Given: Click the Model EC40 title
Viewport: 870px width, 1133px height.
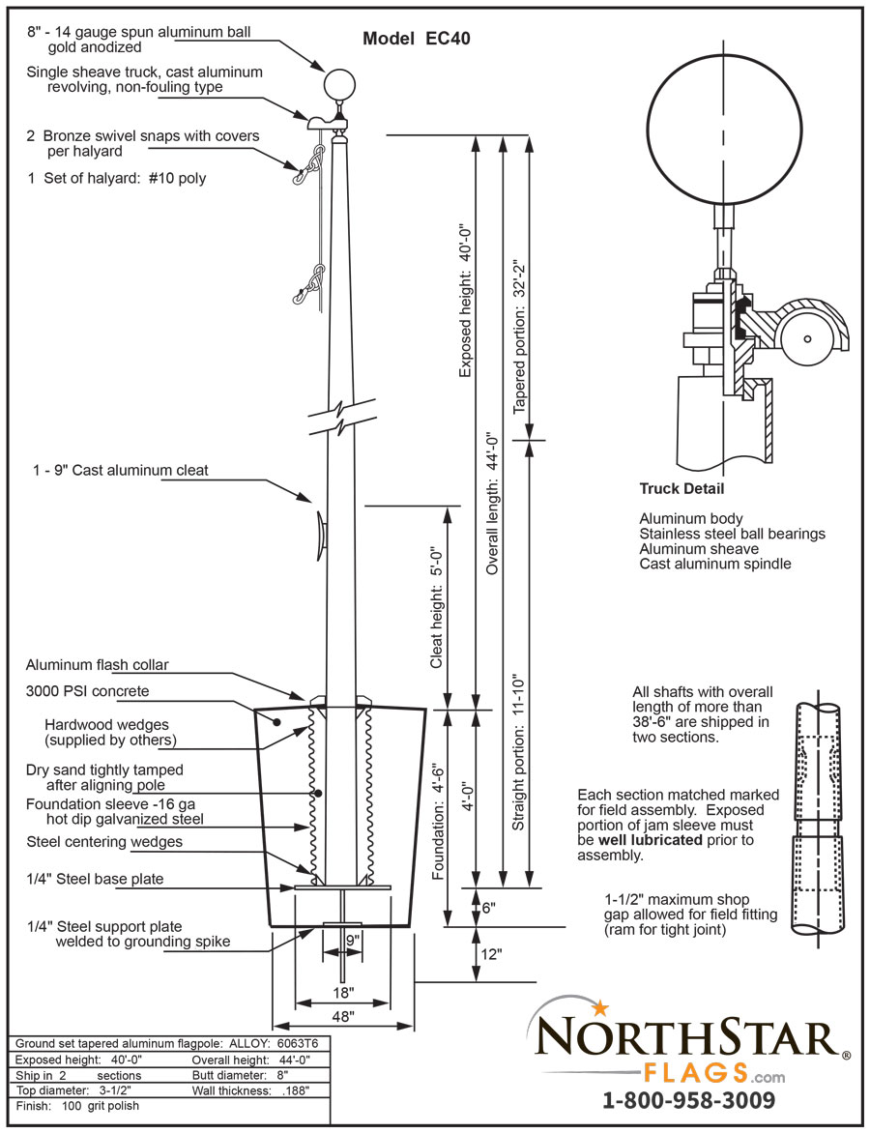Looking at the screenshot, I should pyautogui.click(x=417, y=40).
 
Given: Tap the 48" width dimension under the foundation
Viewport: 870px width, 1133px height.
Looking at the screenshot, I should pyautogui.click(x=343, y=1016).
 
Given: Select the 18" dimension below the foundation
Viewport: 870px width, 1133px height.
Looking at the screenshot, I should pyautogui.click(x=343, y=993).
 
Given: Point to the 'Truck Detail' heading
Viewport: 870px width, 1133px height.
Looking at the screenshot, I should pyautogui.click(x=681, y=489).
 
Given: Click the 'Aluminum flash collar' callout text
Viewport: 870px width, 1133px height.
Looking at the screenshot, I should pyautogui.click(x=97, y=666).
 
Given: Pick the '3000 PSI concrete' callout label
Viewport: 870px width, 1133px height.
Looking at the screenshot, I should pyautogui.click(x=87, y=691).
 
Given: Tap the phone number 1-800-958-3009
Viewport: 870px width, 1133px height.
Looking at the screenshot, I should pyautogui.click(x=688, y=1100).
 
